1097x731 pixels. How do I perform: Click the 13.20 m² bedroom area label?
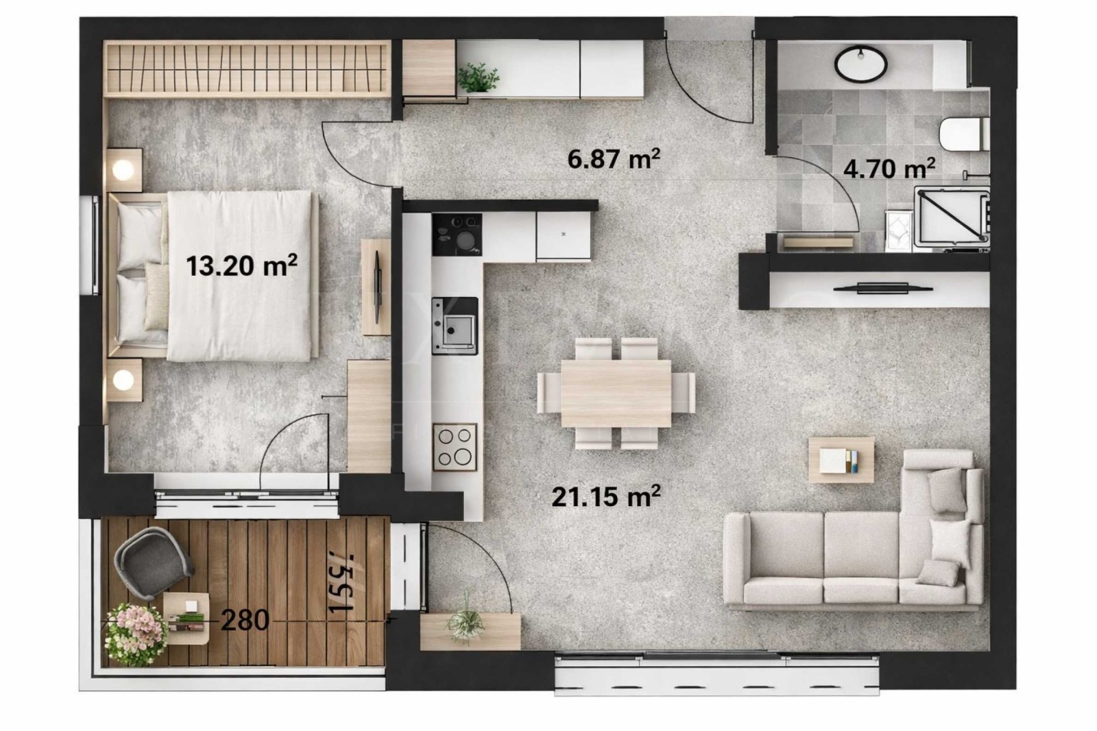click(241, 265)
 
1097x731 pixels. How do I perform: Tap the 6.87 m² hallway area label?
click(614, 159)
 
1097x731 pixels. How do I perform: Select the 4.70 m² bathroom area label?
click(889, 167)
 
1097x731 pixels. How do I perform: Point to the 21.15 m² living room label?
click(606, 496)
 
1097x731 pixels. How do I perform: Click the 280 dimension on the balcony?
click(245, 621)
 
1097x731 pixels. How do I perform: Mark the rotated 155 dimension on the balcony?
click(341, 582)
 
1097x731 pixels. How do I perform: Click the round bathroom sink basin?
click(860, 64)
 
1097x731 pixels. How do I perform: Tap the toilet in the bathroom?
click(963, 134)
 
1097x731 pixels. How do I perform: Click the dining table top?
click(616, 393)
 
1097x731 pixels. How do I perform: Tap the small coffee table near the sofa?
click(841, 459)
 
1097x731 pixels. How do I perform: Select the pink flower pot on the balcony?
click(135, 633)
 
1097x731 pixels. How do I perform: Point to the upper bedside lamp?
click(124, 169)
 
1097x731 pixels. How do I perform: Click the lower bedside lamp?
click(124, 379)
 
